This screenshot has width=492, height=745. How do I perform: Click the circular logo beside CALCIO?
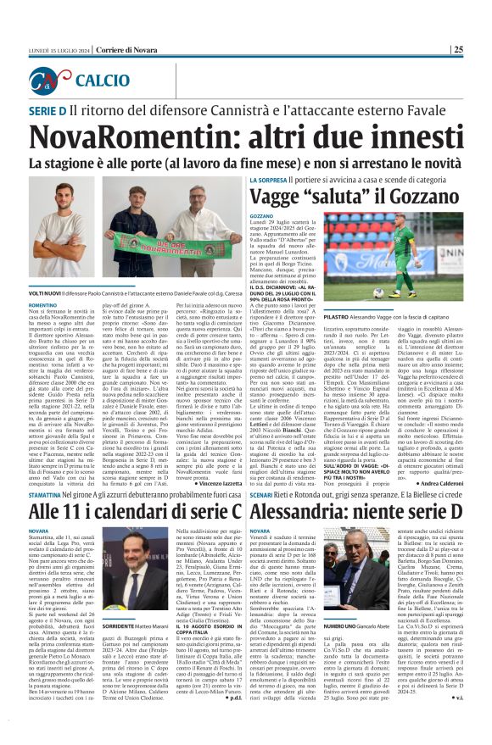(x=50, y=81)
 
